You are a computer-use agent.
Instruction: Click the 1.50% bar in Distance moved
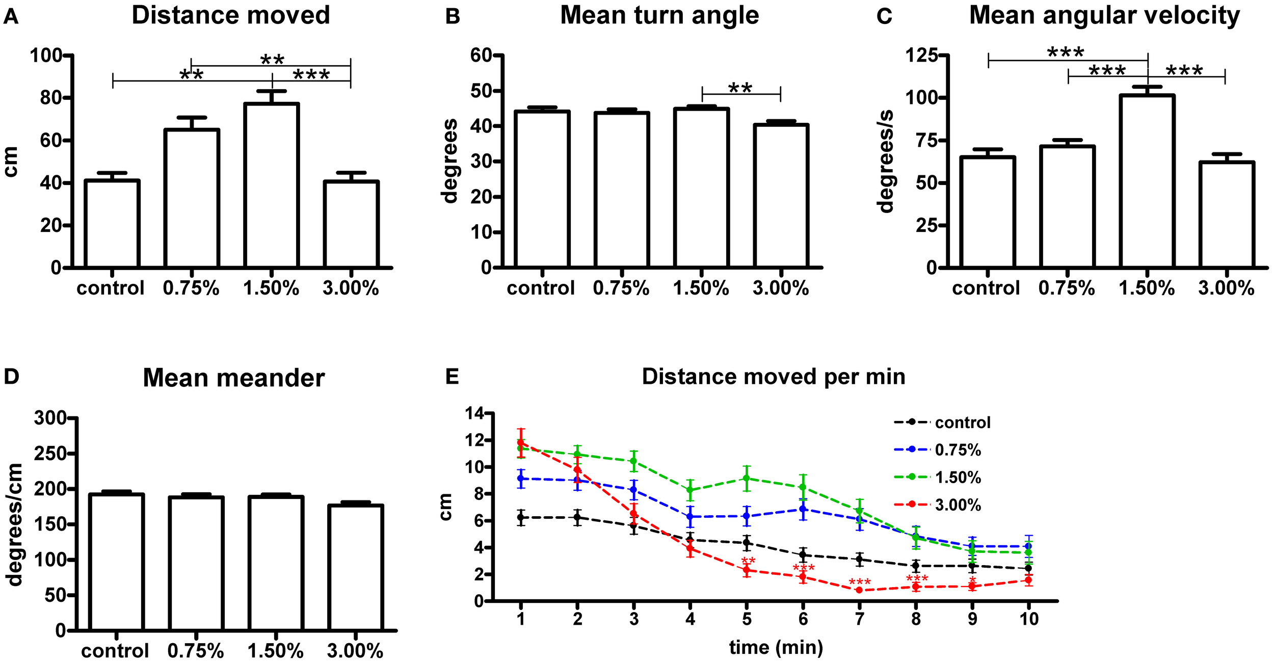click(x=271, y=186)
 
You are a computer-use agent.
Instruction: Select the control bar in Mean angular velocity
click(x=988, y=212)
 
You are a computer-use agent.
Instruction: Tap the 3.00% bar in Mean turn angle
click(x=781, y=196)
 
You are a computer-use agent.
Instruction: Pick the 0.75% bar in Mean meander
click(x=196, y=564)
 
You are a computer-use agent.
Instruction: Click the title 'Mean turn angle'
click(x=659, y=15)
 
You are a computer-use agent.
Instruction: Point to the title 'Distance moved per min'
click(x=773, y=377)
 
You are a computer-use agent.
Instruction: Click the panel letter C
click(x=884, y=16)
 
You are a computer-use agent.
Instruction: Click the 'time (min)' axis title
click(x=776, y=647)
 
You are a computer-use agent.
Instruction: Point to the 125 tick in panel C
click(x=922, y=55)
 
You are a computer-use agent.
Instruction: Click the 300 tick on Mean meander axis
click(x=50, y=418)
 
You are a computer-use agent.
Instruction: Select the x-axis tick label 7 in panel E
click(x=859, y=619)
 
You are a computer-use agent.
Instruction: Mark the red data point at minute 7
click(x=859, y=590)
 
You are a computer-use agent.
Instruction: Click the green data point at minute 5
click(x=747, y=478)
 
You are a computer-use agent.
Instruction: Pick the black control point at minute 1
click(x=521, y=517)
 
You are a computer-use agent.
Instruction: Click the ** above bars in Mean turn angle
click(x=740, y=88)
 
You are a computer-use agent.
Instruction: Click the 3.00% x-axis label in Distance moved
click(x=351, y=289)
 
